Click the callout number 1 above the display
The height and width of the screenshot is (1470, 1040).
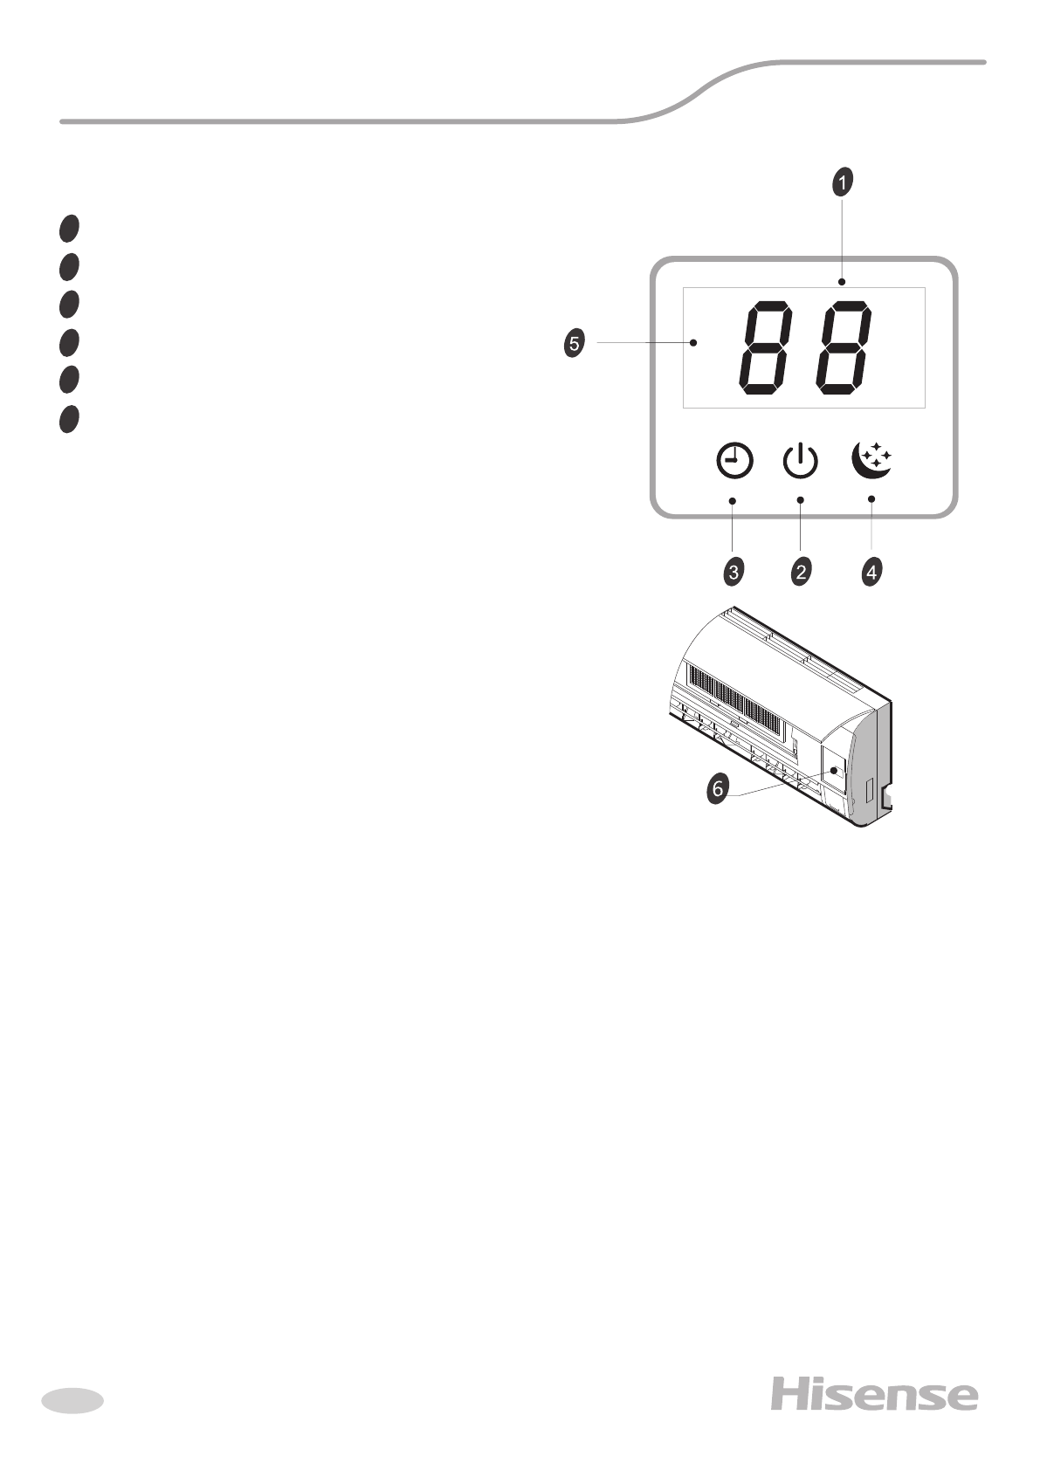(x=842, y=182)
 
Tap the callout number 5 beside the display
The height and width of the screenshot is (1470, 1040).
(x=573, y=343)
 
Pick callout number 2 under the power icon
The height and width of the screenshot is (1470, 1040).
(x=801, y=573)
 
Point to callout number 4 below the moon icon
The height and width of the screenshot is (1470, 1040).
(x=871, y=573)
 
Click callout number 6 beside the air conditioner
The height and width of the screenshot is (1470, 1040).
(x=717, y=789)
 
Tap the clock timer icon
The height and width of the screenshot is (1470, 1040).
(x=734, y=461)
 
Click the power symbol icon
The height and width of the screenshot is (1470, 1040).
(x=800, y=461)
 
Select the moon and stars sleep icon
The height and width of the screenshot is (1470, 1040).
(x=871, y=460)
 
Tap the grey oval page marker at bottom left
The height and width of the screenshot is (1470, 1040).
(x=72, y=1400)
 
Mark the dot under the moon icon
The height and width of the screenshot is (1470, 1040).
(x=871, y=498)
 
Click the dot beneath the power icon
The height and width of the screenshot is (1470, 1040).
(x=801, y=499)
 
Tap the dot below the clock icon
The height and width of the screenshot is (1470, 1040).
(x=733, y=500)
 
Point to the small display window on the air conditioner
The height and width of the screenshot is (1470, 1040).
(x=834, y=771)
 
